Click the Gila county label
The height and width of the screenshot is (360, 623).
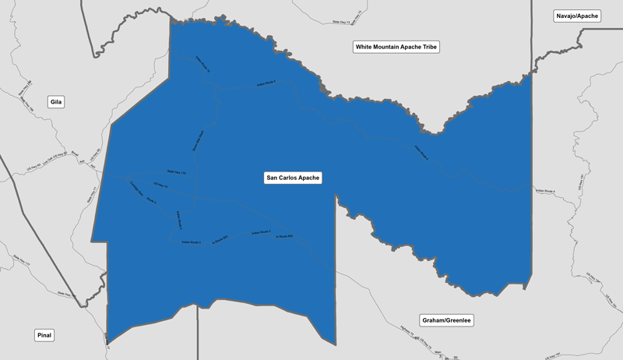pos(55,102)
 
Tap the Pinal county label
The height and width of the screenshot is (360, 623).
pos(44,335)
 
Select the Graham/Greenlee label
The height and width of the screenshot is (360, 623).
pos(447,320)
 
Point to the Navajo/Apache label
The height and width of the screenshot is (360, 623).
pos(577,16)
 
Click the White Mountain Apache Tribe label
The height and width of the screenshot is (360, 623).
pos(397,48)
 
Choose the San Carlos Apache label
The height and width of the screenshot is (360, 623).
pos(294,178)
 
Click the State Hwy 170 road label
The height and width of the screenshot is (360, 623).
pos(177,172)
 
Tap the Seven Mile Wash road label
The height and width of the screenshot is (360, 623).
pos(199,140)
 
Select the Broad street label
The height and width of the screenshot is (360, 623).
pos(76,154)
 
